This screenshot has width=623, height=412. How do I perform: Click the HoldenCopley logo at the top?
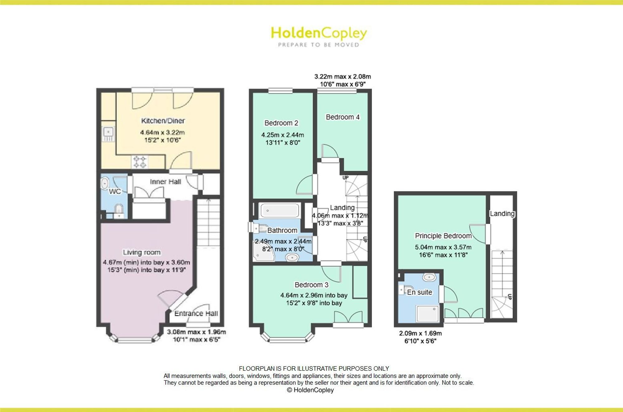319,36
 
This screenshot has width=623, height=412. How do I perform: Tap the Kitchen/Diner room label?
163,121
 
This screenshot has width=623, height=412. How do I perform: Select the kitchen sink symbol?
108,134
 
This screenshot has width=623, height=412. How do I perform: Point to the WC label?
115,191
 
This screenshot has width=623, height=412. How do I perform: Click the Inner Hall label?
165,182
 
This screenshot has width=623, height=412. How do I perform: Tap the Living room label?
142,252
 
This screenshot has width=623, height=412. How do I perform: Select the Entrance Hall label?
196,313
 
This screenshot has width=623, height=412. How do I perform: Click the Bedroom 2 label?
281,123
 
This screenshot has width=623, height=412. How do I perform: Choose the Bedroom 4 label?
343,117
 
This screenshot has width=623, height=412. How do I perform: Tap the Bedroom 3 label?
311,285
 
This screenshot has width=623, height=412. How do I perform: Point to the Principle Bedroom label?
443,236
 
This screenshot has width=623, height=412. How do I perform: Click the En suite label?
420,292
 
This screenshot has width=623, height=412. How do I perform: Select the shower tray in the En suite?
428,313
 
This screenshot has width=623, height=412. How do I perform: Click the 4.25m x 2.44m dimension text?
283,135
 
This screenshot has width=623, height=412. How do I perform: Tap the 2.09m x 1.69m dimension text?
421,333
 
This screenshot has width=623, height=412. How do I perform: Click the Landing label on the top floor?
502,213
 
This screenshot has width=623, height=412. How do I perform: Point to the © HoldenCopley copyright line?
310,390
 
